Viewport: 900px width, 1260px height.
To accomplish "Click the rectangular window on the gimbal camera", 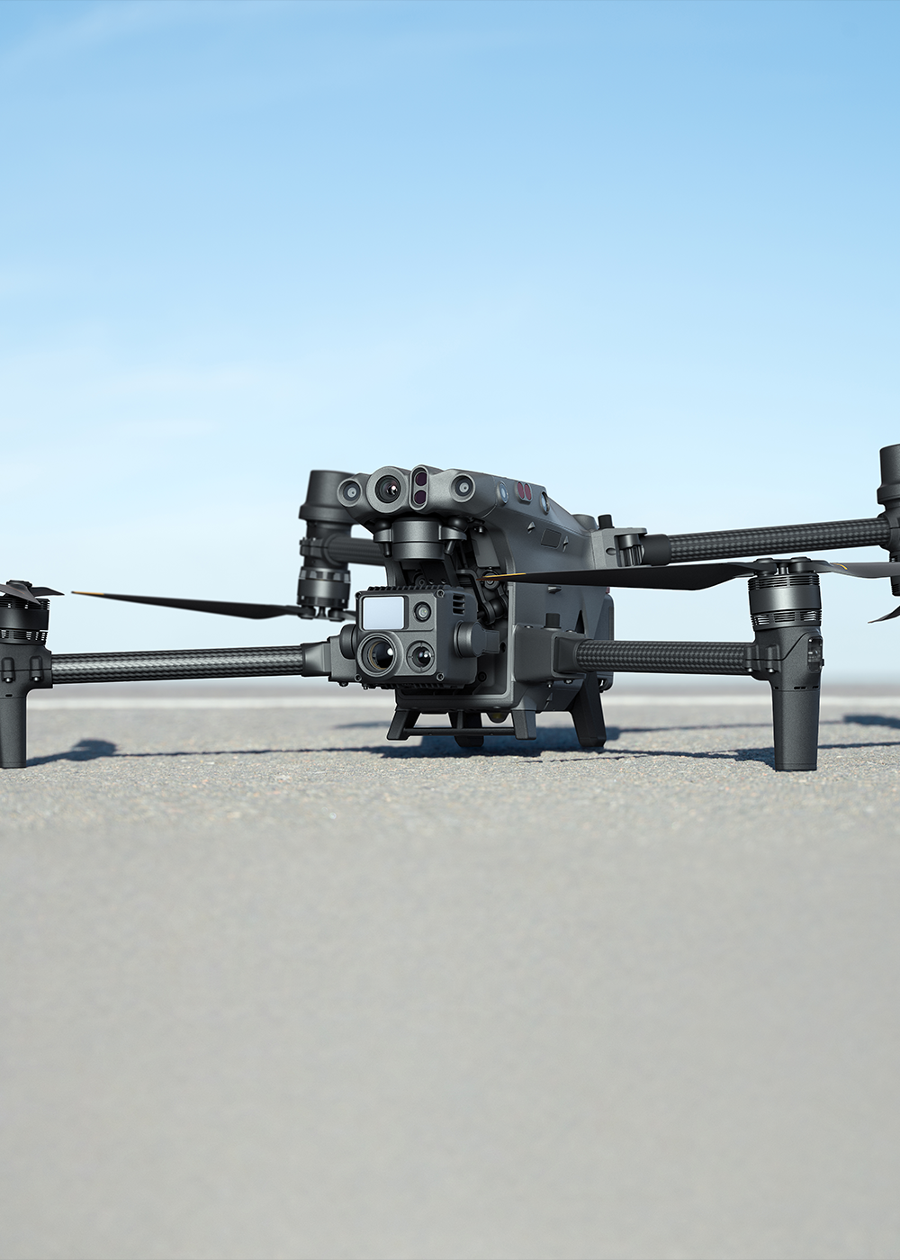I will [382, 613].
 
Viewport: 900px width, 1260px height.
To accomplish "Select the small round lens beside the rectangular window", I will [421, 612].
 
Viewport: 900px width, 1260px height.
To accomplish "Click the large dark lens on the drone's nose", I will [388, 490].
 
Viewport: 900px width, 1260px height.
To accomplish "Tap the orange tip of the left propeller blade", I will [81, 594].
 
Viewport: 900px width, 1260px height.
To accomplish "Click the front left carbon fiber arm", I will [180, 664].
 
